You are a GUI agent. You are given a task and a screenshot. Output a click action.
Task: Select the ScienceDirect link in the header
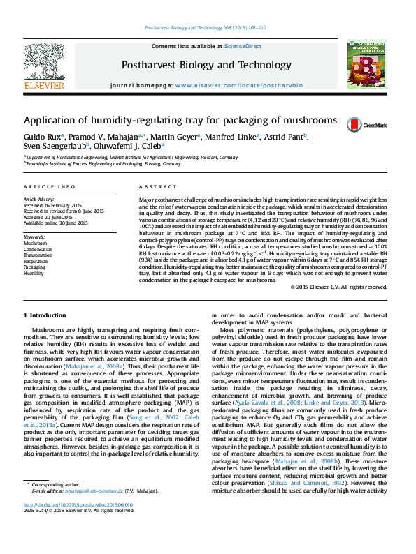coord(243,46)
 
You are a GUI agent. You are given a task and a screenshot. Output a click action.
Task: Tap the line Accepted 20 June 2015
coord(52,217)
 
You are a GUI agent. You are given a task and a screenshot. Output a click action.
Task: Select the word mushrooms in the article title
coord(302,120)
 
